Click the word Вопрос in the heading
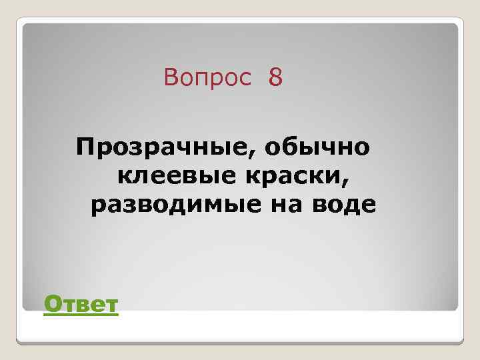pos(207,79)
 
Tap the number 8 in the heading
pos(276,79)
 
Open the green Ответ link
pos(80,305)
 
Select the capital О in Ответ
pos(51,305)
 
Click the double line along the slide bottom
pos(240,341)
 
